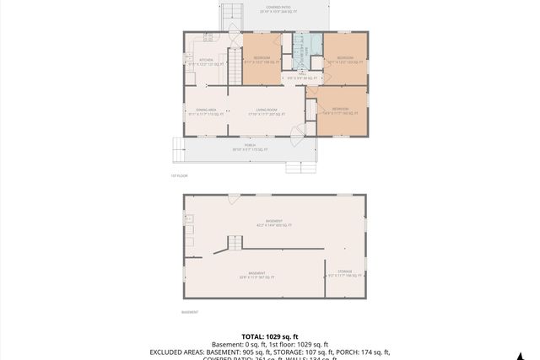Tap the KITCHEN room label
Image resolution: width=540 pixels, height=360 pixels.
207,62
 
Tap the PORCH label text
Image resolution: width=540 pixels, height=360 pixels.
250,147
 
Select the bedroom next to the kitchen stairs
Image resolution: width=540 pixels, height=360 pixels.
262,59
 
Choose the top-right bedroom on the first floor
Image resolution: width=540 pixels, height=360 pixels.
345,59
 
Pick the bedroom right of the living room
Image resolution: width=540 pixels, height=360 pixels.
341,110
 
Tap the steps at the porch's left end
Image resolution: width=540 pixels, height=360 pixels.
178,150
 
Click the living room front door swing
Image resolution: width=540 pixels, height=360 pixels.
297,132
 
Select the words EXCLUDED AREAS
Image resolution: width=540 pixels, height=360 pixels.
178,352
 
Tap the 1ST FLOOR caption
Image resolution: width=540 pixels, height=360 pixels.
178,175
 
